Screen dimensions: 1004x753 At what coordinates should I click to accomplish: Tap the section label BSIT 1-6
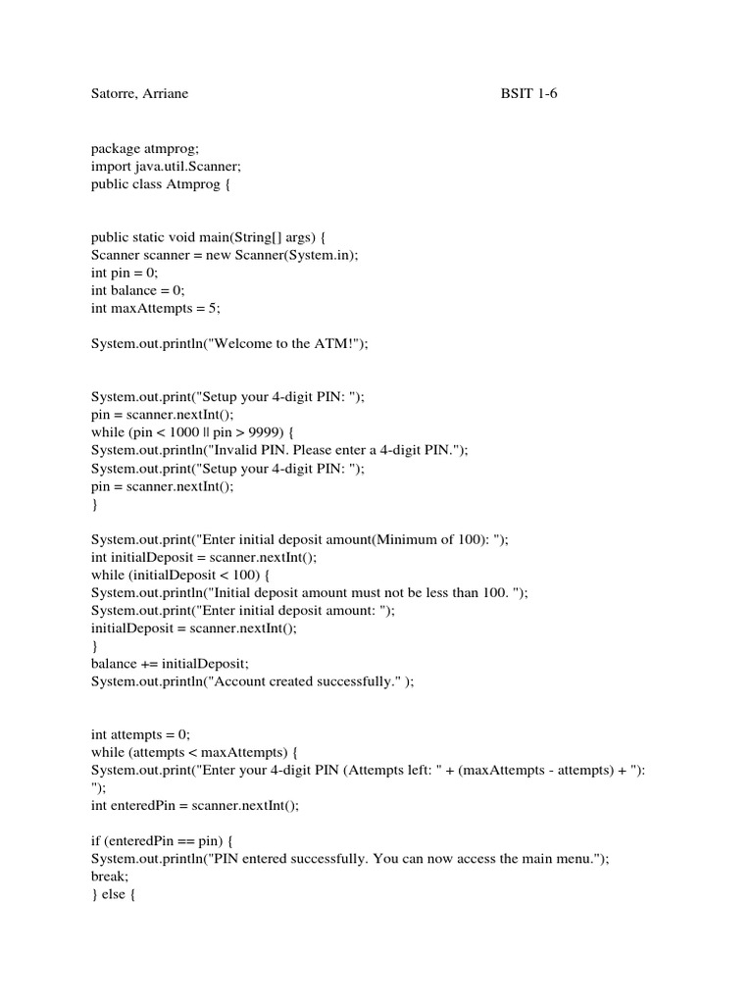click(x=527, y=94)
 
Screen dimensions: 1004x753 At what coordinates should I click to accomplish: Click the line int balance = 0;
click(x=137, y=290)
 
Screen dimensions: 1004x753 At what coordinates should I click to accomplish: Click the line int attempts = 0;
click(x=140, y=734)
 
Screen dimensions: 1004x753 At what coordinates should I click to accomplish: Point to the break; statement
click(x=111, y=877)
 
